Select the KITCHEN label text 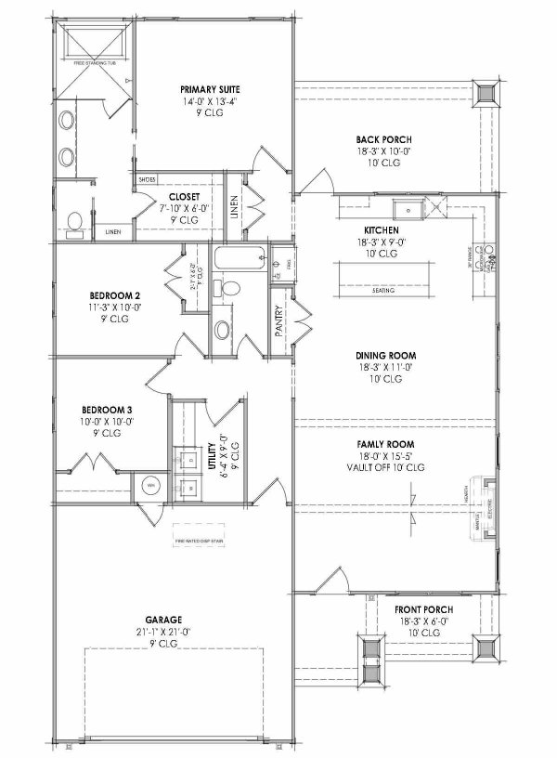point(381,229)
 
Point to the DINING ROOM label point(384,355)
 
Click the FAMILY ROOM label point(383,445)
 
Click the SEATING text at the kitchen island point(382,291)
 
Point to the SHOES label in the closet point(146,178)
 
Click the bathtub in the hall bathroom point(239,256)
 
